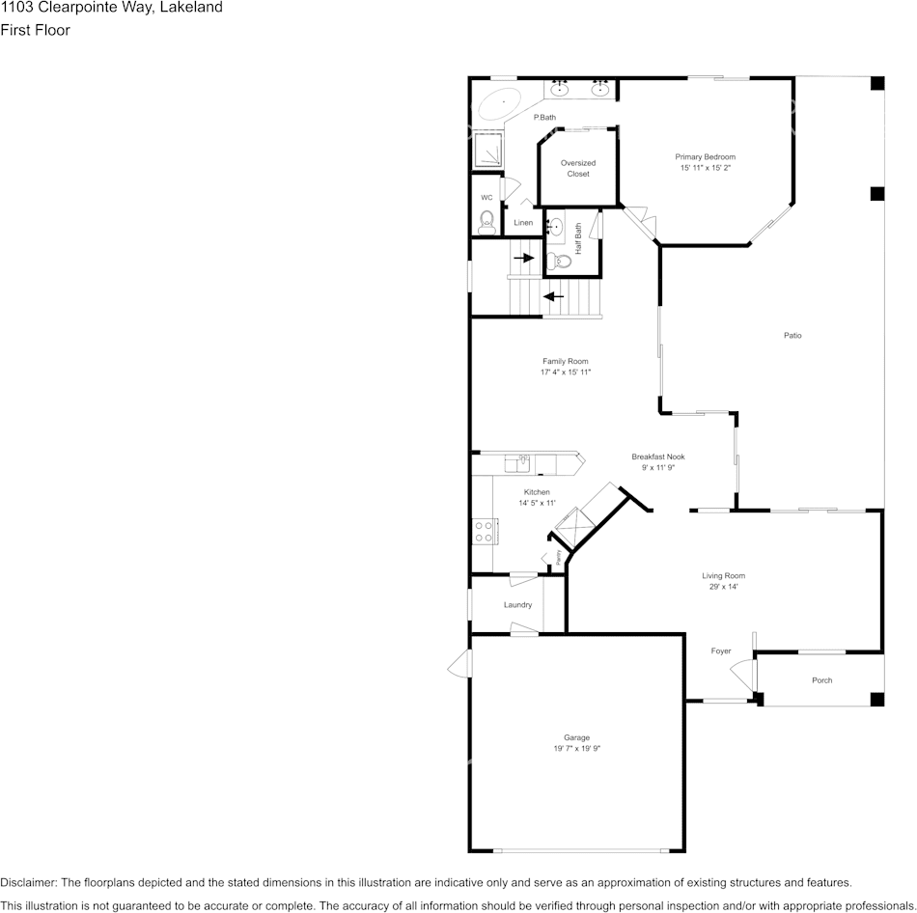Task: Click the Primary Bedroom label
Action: tap(705, 157)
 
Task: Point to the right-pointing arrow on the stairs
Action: tap(524, 258)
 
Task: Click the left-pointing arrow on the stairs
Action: tap(553, 295)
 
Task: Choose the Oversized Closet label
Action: tap(578, 168)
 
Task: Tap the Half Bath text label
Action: tap(578, 237)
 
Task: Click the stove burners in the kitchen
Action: tap(483, 531)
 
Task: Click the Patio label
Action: tap(792, 336)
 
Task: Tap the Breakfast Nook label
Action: tap(657, 456)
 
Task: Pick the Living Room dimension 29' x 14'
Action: tap(723, 587)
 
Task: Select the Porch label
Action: tap(821, 680)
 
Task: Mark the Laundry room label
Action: tap(517, 605)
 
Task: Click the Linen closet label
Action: tap(523, 223)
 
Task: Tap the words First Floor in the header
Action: tap(35, 30)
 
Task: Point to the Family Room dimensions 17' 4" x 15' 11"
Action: tap(565, 372)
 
